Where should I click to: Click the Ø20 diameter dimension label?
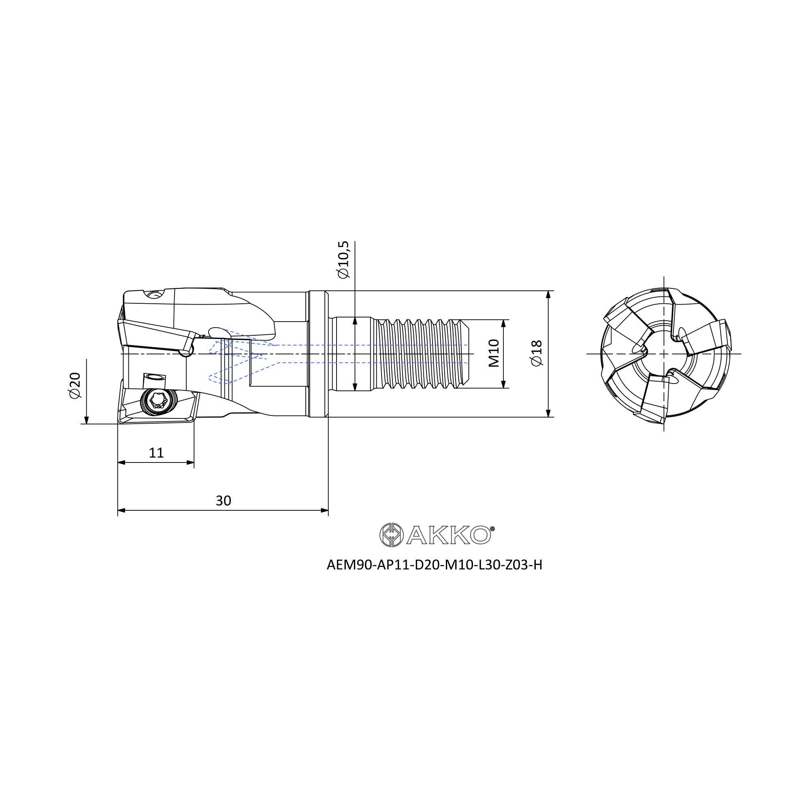[75, 385]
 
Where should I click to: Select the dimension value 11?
[156, 453]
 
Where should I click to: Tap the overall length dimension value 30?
[224, 501]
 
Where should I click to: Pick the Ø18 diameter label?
[537, 354]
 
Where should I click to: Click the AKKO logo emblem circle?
[391, 535]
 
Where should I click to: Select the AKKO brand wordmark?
[449, 535]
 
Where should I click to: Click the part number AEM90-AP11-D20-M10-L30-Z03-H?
[434, 565]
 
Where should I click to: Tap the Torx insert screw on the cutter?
[158, 401]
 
